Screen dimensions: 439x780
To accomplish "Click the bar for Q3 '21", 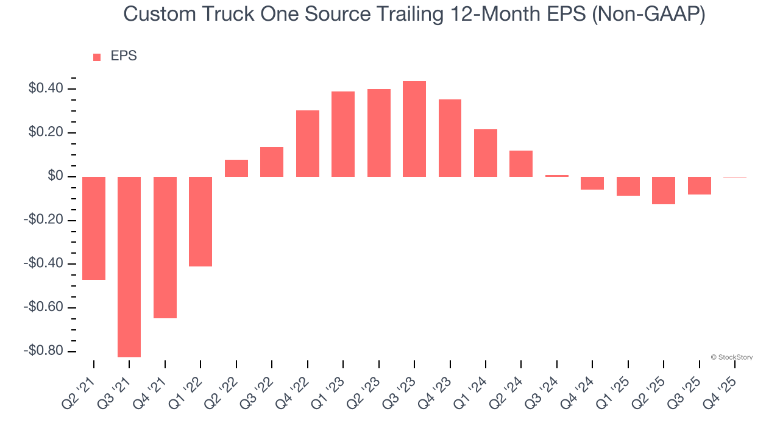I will click(x=129, y=266).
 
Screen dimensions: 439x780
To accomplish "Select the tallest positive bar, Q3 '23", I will click(x=414, y=129).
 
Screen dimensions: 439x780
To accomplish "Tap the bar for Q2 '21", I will click(x=94, y=228).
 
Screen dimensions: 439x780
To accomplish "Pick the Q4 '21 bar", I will click(x=165, y=247).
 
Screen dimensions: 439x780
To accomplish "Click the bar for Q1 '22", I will click(x=200, y=221).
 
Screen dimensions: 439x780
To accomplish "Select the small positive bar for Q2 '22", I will click(x=236, y=168).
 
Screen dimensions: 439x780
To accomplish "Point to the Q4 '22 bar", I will click(x=308, y=143).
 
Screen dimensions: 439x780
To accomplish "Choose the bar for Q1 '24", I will click(x=486, y=153).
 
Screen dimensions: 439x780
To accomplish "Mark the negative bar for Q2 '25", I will click(x=664, y=190).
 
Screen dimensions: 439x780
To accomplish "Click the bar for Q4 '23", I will click(x=450, y=138).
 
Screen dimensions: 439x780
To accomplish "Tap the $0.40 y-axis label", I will click(x=46, y=89).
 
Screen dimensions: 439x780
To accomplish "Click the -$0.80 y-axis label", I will click(x=43, y=351).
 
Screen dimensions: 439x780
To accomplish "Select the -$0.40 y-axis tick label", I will click(x=43, y=264).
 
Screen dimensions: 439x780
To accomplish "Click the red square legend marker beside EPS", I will click(x=97, y=57).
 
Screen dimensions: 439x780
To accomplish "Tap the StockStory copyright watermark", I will click(x=731, y=357).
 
